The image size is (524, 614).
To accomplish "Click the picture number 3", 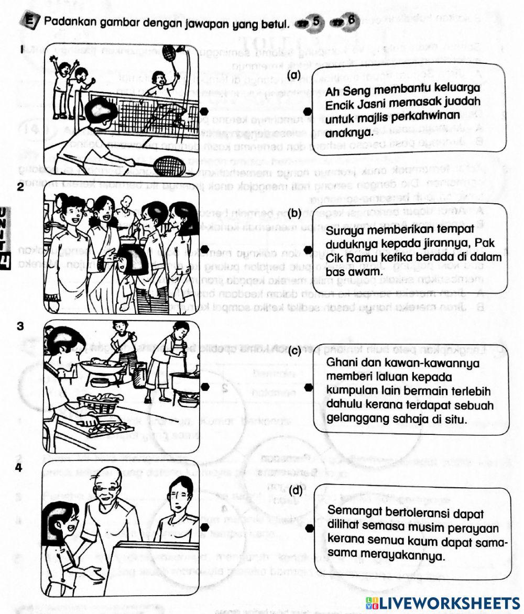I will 20,325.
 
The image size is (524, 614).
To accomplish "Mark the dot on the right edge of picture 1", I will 205,111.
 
